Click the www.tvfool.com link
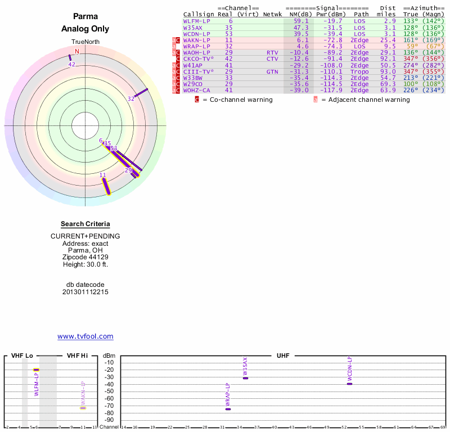pos(85,336)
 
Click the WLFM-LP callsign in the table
pos(196,21)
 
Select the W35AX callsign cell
pos(193,28)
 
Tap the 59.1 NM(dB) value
pos(301,21)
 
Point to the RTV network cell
pos(272,53)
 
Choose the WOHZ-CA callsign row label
pos(196,91)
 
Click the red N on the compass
pos(77,51)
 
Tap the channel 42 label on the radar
pos(71,64)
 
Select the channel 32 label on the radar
pos(131,98)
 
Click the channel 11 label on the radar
pos(103,175)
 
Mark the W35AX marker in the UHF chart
pos(245,378)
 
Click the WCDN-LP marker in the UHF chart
pos(349,384)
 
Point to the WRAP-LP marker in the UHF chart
pos(228,409)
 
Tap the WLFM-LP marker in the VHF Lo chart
pos(36,370)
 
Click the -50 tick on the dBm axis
pos(109,391)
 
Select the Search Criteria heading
pos(85,224)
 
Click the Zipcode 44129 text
pos(85,257)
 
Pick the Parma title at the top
pos(85,17)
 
